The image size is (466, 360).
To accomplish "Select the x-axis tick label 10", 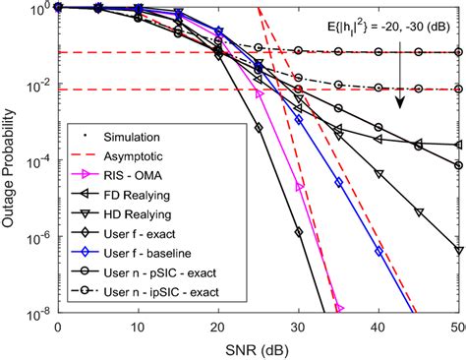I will click(x=139, y=328).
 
